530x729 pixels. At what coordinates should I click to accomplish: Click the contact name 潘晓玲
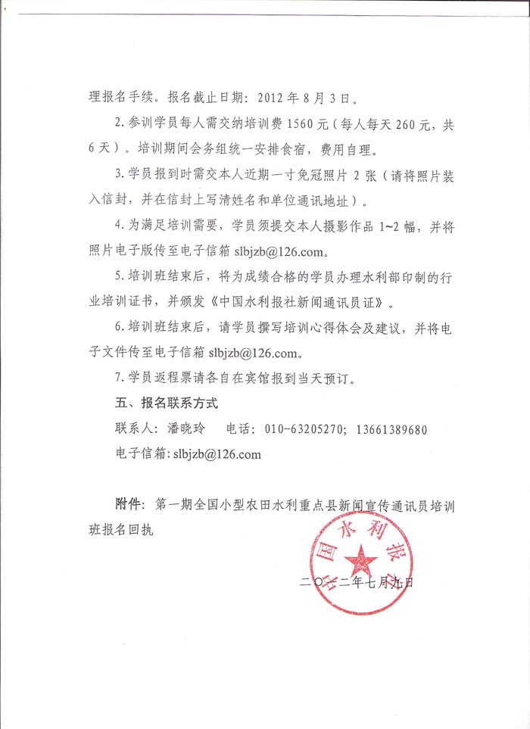click(185, 429)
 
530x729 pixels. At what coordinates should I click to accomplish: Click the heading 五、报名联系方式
click(164, 403)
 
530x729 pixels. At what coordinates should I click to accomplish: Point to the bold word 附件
click(127, 504)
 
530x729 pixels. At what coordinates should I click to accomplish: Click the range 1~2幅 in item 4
click(397, 225)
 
